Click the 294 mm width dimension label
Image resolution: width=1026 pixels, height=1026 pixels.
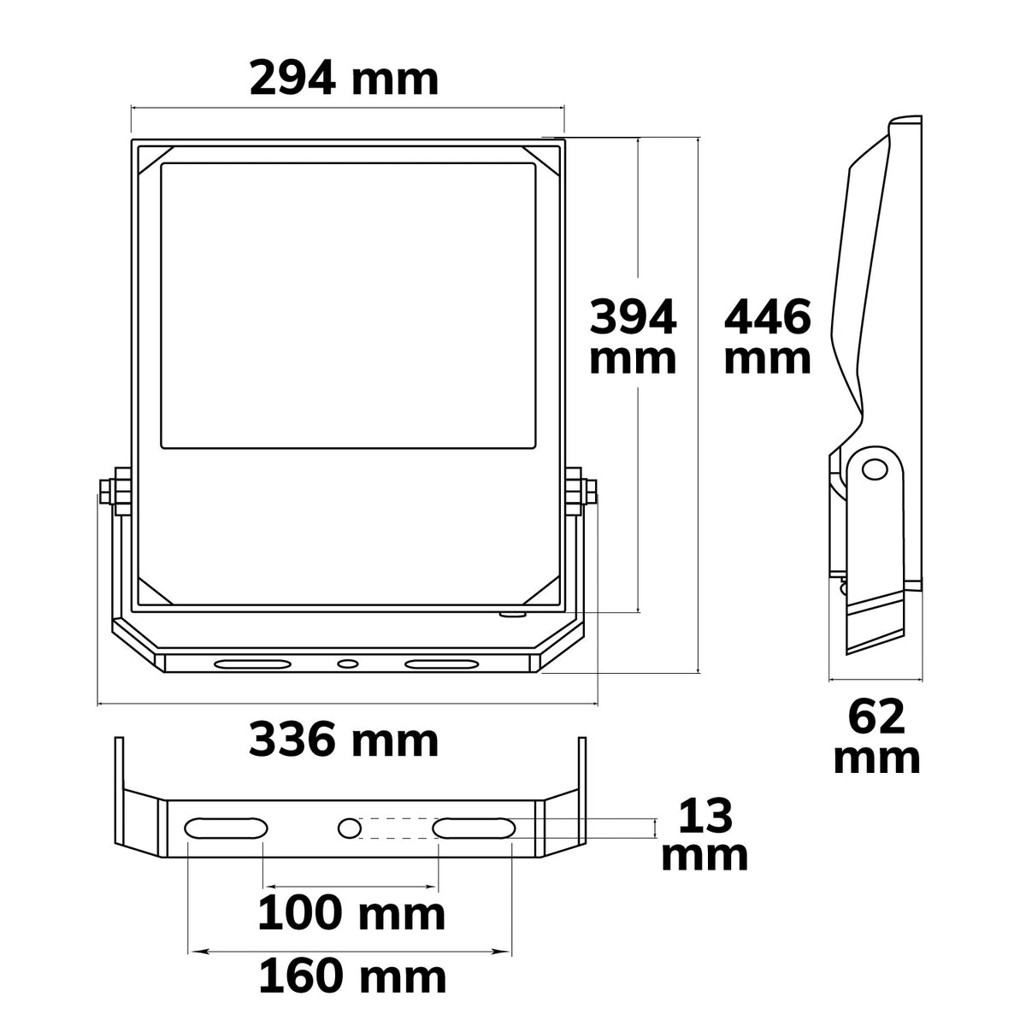pos(344,80)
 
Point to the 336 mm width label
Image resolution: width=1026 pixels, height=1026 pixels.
pos(344,740)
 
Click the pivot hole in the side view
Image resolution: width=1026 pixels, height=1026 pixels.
pos(875,470)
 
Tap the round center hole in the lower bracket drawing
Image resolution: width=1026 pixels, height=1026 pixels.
pos(350,828)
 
